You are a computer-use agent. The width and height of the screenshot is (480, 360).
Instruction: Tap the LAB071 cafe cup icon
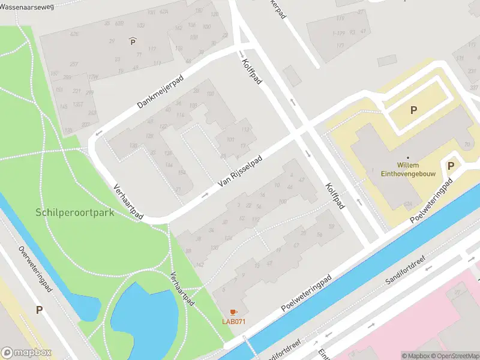click(x=233, y=312)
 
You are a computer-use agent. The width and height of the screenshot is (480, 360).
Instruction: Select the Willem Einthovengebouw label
click(x=416, y=169)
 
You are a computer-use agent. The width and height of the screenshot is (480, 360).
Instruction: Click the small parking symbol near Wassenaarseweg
click(x=133, y=41)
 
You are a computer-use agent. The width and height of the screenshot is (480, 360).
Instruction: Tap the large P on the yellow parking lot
click(x=413, y=110)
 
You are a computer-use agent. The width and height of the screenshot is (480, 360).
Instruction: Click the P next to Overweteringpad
click(x=40, y=310)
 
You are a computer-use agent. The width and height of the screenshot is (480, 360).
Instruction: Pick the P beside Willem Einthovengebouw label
click(x=451, y=166)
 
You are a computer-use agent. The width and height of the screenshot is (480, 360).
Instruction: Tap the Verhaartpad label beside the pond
click(x=180, y=289)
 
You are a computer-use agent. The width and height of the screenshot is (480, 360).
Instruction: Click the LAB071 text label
click(x=234, y=322)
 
